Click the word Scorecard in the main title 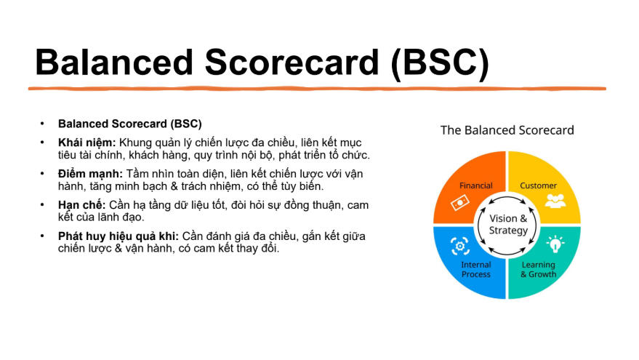point(292,63)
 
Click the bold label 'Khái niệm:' point(87,143)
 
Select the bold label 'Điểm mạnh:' point(90,174)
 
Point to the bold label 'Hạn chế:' point(81,204)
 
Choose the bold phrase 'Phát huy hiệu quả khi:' point(118,236)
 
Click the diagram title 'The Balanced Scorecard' point(507,130)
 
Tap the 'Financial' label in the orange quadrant point(476,185)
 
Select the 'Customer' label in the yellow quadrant point(538,185)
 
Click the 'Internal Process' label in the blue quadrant point(476,270)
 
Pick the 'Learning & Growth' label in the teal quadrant point(539,270)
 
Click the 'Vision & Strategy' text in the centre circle point(508,224)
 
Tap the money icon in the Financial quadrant point(459,203)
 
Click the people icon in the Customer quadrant point(555,201)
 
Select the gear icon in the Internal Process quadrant point(460,246)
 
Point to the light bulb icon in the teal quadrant point(555,244)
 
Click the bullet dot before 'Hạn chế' point(42,204)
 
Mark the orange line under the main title point(317,89)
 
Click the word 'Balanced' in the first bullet point(83,124)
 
